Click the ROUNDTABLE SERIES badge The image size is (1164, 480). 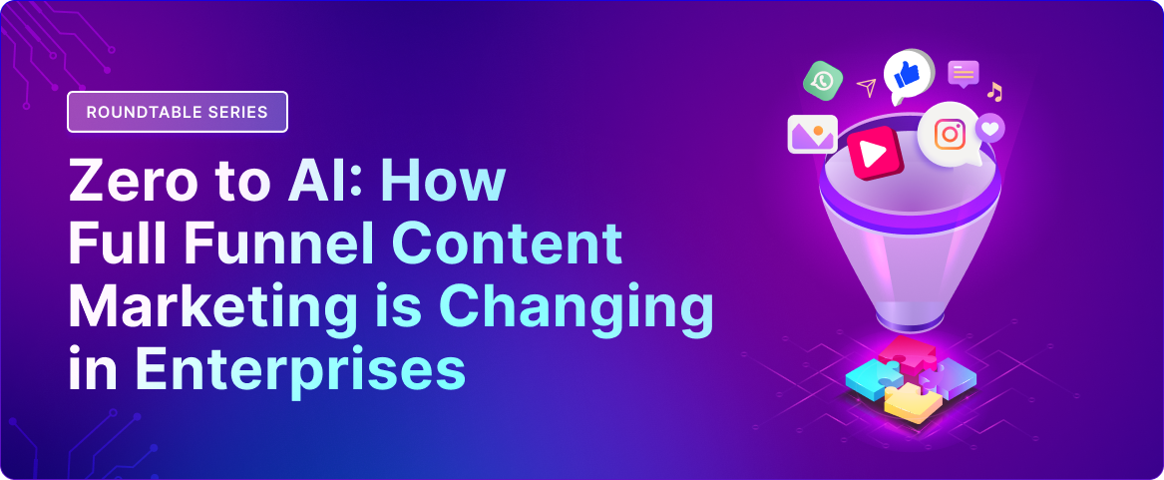click(178, 112)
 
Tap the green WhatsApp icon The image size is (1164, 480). click(823, 80)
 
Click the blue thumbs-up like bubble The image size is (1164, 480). click(907, 75)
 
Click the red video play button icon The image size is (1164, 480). click(875, 153)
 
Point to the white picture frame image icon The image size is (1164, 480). click(813, 135)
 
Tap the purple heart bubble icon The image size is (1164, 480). click(989, 128)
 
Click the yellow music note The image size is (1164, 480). click(994, 92)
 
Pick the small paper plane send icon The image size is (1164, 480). click(867, 87)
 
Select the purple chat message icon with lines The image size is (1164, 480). click(963, 74)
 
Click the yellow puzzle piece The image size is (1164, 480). click(913, 404)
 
